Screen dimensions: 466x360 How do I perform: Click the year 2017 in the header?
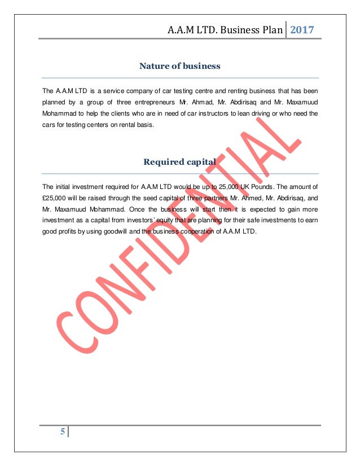(x=302, y=29)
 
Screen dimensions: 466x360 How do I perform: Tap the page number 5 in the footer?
(x=63, y=433)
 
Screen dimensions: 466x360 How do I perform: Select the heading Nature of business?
(x=180, y=67)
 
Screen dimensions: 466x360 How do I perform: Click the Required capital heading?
(x=180, y=163)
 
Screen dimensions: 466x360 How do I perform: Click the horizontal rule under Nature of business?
(x=180, y=77)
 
